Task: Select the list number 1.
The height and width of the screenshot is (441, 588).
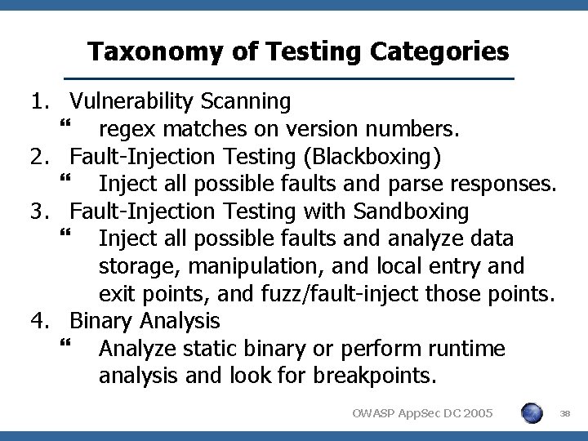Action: (38, 101)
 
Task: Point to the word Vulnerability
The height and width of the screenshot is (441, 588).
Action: (131, 102)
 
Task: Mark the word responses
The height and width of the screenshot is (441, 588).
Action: (494, 184)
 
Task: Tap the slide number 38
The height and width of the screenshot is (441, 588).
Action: (565, 415)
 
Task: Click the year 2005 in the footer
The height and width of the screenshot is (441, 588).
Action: (474, 415)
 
